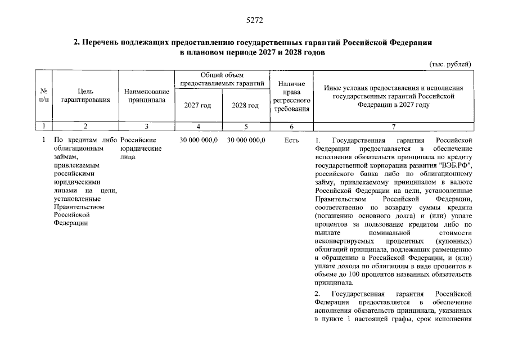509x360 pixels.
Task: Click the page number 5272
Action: (x=254, y=21)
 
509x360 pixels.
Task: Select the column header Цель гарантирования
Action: (x=85, y=95)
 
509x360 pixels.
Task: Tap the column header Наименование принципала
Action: (x=146, y=95)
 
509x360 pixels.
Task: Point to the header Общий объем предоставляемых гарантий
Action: (x=222, y=79)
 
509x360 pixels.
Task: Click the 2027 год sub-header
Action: (x=198, y=105)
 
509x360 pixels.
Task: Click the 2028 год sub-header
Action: (x=245, y=105)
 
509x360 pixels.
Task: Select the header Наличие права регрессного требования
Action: (x=291, y=96)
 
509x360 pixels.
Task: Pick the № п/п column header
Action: (x=43, y=95)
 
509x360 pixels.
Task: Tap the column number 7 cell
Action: (x=394, y=127)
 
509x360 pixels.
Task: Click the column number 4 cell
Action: (x=198, y=127)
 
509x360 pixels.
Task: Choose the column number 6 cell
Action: (x=291, y=127)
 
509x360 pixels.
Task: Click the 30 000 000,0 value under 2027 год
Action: (x=198, y=140)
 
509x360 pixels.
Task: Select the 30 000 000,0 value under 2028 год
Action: (x=246, y=140)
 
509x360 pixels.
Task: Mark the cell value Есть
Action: (x=291, y=140)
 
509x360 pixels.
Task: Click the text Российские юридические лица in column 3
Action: (x=141, y=148)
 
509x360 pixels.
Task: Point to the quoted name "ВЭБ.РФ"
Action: (x=453, y=165)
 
